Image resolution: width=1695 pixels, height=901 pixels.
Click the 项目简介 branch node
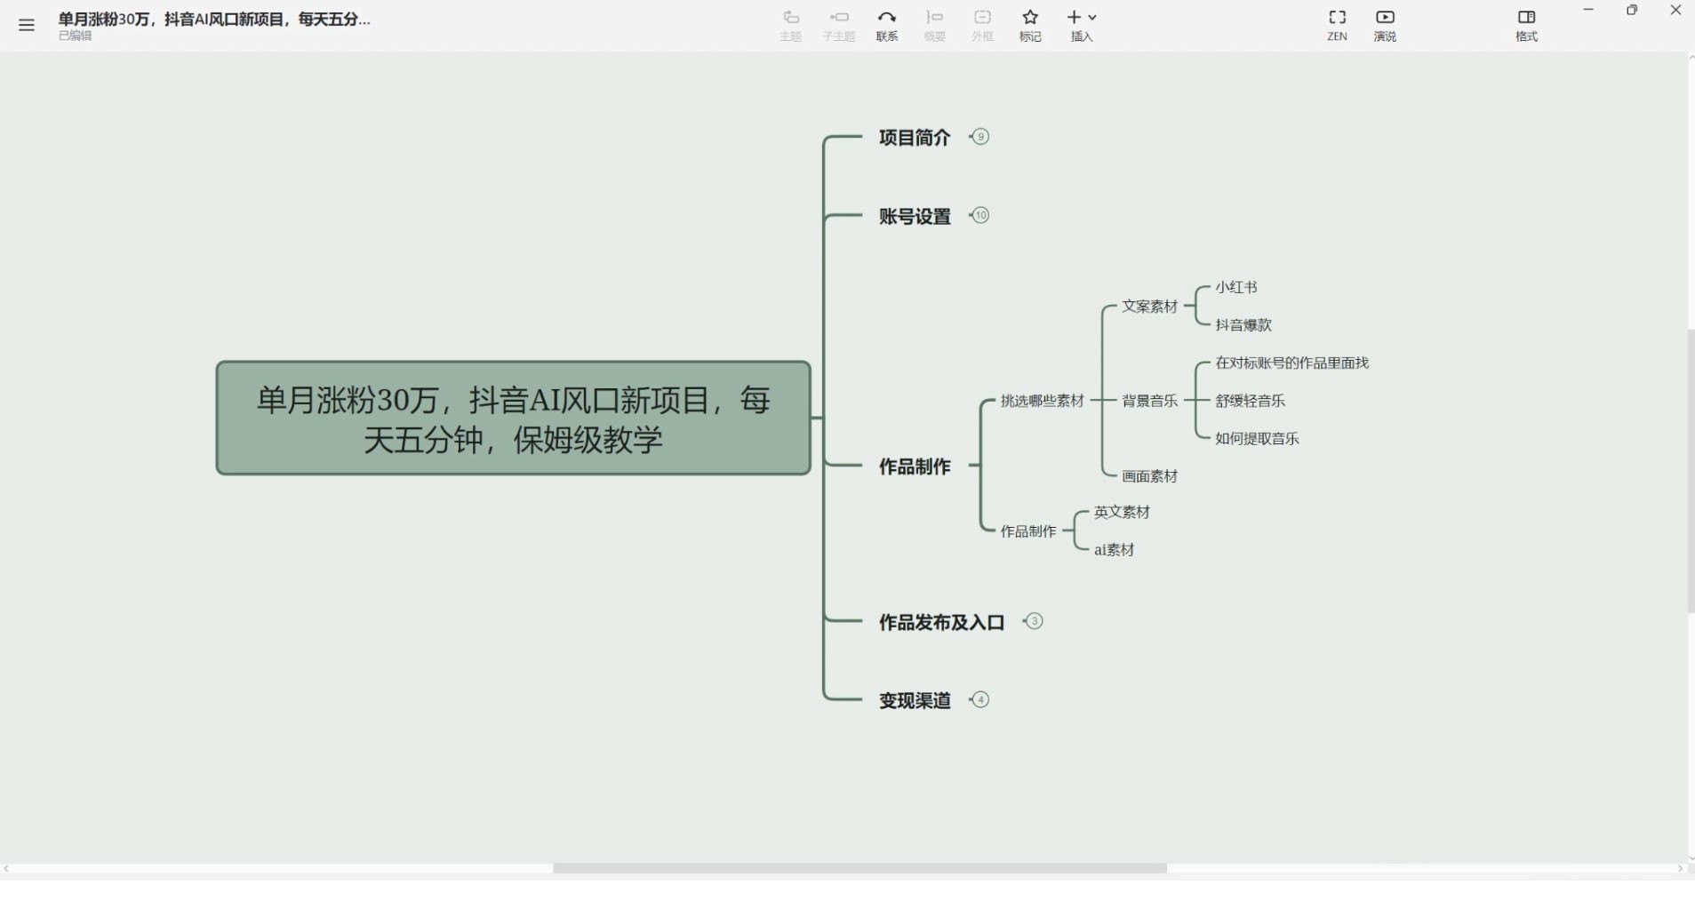(x=915, y=138)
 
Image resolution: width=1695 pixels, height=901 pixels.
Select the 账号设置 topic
(x=915, y=217)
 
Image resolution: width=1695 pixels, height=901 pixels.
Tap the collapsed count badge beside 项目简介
(x=980, y=137)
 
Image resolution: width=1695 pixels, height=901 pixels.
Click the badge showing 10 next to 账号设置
(x=980, y=215)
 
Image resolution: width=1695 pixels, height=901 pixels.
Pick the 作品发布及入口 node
(x=941, y=623)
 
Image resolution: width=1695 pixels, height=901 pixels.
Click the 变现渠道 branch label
(x=915, y=701)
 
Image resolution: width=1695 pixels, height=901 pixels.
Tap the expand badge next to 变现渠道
(x=980, y=699)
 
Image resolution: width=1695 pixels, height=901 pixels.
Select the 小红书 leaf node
(x=1236, y=287)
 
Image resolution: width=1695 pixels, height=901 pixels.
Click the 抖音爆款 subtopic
(x=1243, y=325)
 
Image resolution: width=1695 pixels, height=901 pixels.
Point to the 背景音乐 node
(x=1150, y=401)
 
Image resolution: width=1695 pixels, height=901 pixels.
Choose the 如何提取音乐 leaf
(x=1258, y=439)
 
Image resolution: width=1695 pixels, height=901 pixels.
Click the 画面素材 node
(x=1150, y=477)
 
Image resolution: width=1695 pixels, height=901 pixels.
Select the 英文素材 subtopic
(x=1122, y=513)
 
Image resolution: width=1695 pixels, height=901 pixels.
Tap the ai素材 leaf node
(x=1114, y=550)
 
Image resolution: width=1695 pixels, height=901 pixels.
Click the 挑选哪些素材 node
(x=1043, y=401)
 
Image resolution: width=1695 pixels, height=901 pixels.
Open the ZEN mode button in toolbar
(x=1337, y=25)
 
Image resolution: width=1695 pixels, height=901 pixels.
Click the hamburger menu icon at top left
(x=27, y=25)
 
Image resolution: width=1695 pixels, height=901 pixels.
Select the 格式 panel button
(x=1526, y=25)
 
